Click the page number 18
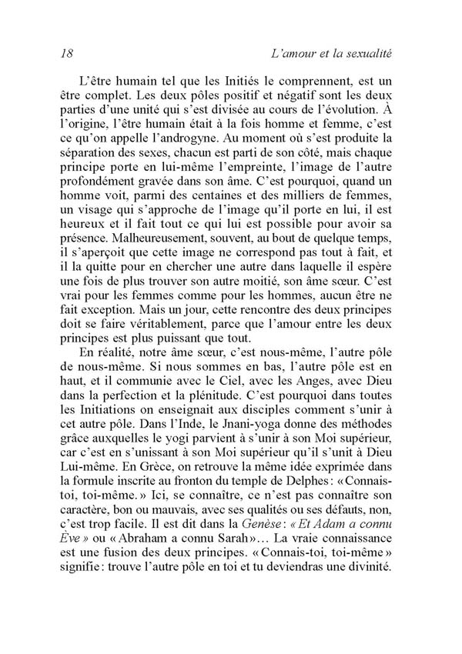coord(65,54)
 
